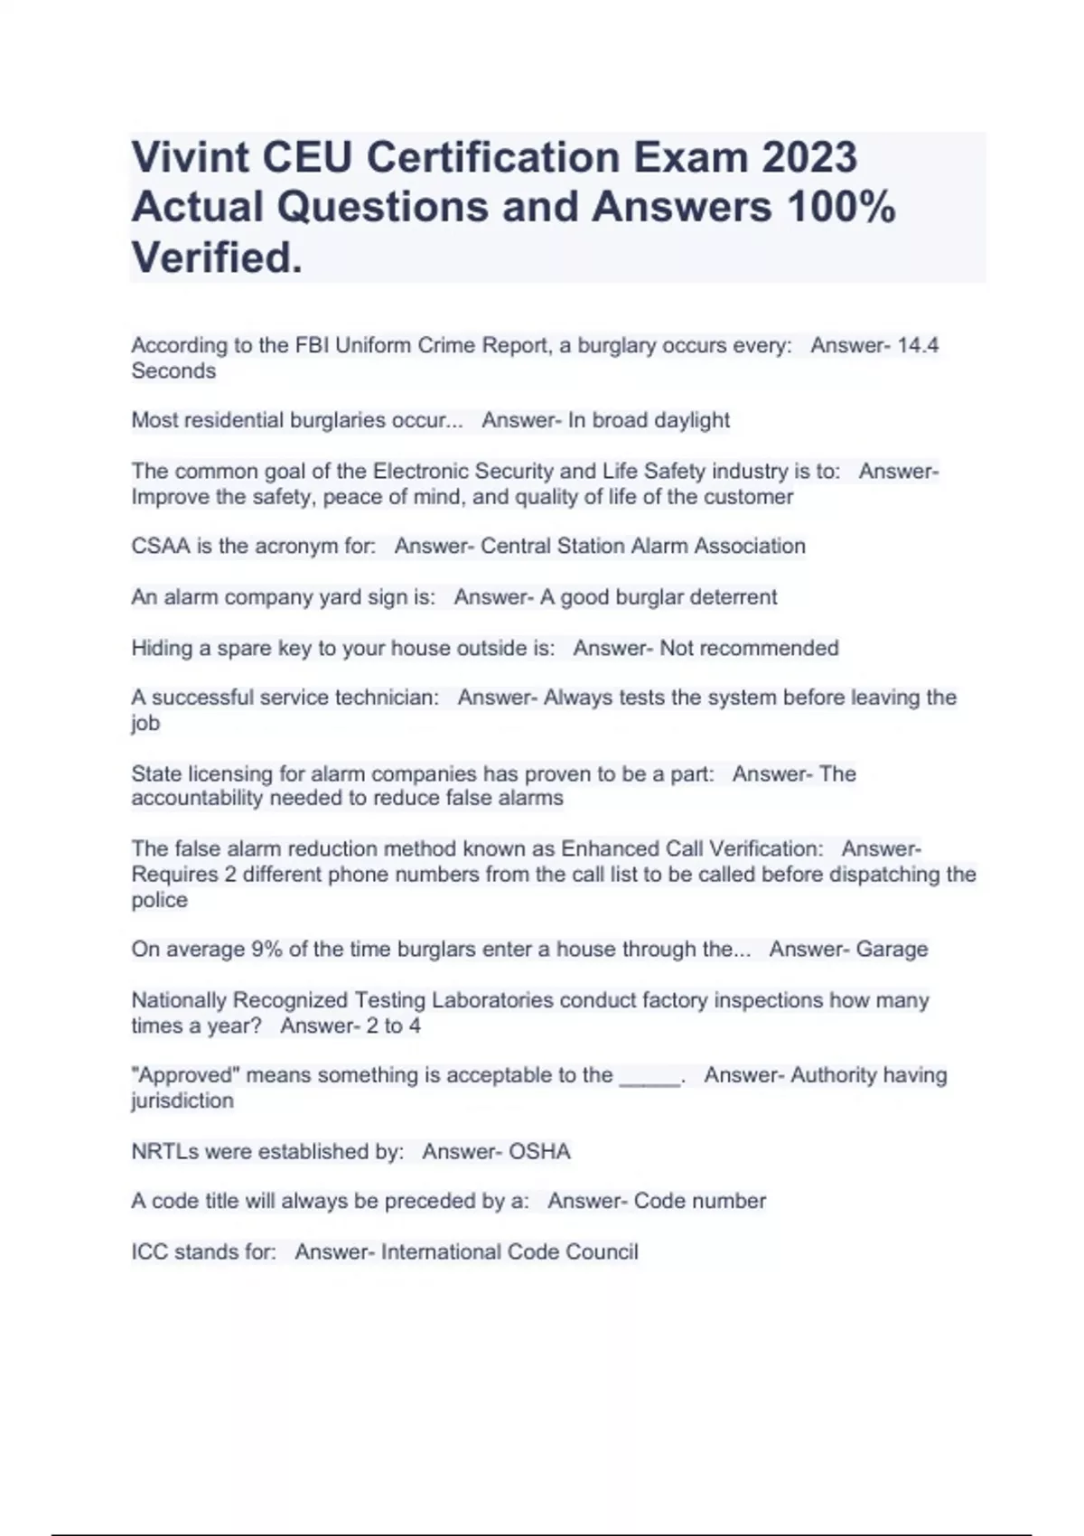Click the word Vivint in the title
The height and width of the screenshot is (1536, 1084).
[191, 157]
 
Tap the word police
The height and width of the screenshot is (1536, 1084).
[159, 900]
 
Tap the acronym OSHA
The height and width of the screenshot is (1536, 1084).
[539, 1151]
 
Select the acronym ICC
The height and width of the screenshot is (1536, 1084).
[149, 1251]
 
